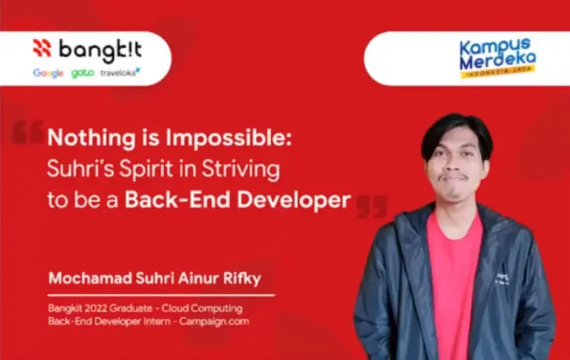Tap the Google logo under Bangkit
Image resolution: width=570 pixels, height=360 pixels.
coord(48,73)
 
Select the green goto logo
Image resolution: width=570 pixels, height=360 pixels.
coord(83,73)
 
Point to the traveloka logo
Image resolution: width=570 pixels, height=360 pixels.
coord(120,72)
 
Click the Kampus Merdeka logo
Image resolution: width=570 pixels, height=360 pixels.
coord(497,57)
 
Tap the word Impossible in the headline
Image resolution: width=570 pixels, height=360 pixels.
coord(229,138)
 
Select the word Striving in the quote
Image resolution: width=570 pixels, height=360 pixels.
coord(240,169)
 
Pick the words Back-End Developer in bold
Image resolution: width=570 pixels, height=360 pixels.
coord(238,200)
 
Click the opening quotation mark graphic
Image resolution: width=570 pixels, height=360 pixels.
coord(28,132)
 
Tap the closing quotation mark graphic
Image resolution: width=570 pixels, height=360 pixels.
coord(371,207)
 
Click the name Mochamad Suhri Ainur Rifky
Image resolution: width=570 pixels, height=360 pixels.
coord(155,279)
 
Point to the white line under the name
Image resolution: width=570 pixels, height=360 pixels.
coord(161,296)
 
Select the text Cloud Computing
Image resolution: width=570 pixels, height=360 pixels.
coord(202,308)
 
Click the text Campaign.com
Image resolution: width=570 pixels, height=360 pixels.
coord(214,322)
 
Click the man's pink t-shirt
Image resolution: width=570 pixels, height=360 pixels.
coord(454,283)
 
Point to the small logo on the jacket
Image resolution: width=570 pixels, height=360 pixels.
coord(502,278)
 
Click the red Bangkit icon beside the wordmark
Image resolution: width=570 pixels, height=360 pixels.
coord(42,48)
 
